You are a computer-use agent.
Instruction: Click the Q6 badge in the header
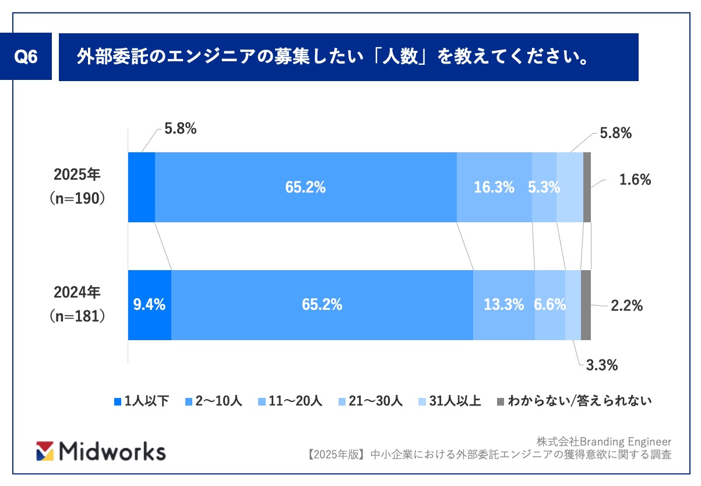[x=26, y=57]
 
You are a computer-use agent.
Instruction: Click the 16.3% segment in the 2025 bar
[x=494, y=187]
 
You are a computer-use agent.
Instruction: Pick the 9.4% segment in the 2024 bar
[x=150, y=305]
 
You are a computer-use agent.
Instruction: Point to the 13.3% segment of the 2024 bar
[x=504, y=305]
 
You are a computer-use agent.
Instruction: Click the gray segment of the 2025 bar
[x=587, y=187]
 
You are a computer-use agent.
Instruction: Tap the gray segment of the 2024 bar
[x=586, y=305]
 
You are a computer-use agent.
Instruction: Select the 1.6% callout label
[x=635, y=180]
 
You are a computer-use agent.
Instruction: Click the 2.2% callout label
[x=627, y=306]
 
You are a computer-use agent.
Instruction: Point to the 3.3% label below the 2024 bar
[x=602, y=365]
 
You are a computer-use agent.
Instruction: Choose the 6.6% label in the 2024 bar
[x=550, y=304]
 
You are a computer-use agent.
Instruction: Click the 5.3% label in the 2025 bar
[x=544, y=187]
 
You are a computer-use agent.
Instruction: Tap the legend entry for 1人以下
[x=142, y=401]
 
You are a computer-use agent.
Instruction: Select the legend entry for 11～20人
[x=290, y=401]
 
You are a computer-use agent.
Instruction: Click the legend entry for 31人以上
[x=449, y=401]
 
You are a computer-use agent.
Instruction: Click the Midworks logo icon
[x=45, y=451]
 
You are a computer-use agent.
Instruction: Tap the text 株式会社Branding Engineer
[x=604, y=442]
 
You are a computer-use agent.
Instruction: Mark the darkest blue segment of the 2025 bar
[x=142, y=187]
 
